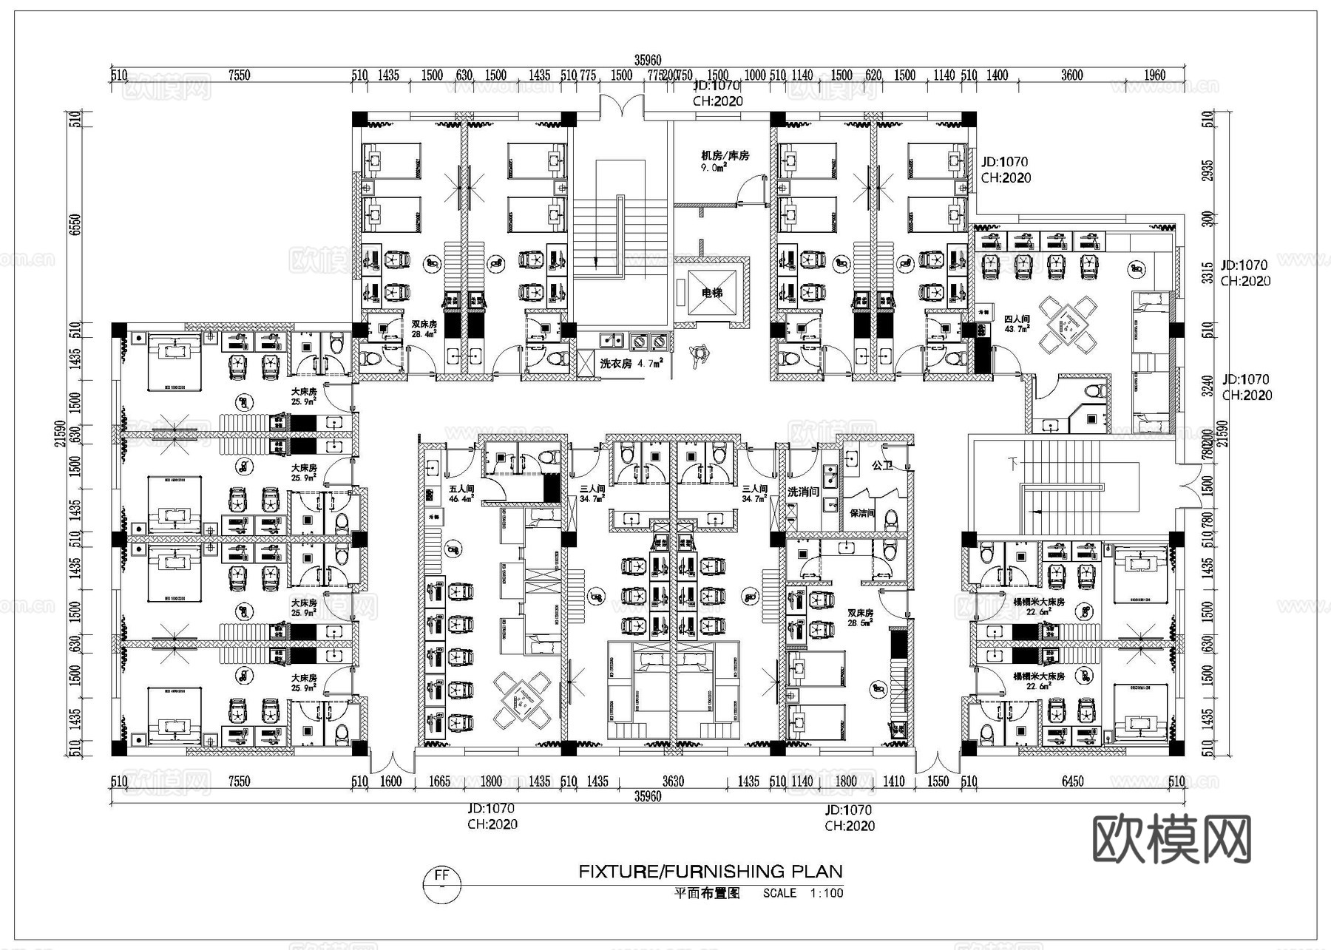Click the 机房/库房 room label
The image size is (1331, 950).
[x=725, y=156]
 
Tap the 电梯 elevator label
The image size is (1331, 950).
[x=711, y=294]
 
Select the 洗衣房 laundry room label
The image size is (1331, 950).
[x=615, y=364]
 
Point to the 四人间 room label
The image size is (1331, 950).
[x=1017, y=320]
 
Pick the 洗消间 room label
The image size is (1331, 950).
[x=803, y=492]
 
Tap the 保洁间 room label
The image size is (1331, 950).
[x=862, y=513]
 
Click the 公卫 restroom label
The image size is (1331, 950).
[x=882, y=466]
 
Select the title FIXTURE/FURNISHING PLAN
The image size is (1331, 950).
[x=710, y=872]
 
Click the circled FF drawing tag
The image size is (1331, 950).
[x=441, y=883]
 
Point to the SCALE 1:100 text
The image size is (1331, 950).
[x=803, y=893]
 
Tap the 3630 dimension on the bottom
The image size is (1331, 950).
[x=673, y=781]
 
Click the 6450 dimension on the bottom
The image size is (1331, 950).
[x=1072, y=781]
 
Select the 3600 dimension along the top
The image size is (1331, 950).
[x=1071, y=75]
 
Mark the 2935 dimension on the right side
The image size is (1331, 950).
[x=1208, y=171]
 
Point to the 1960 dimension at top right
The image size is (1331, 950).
[x=1154, y=75]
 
